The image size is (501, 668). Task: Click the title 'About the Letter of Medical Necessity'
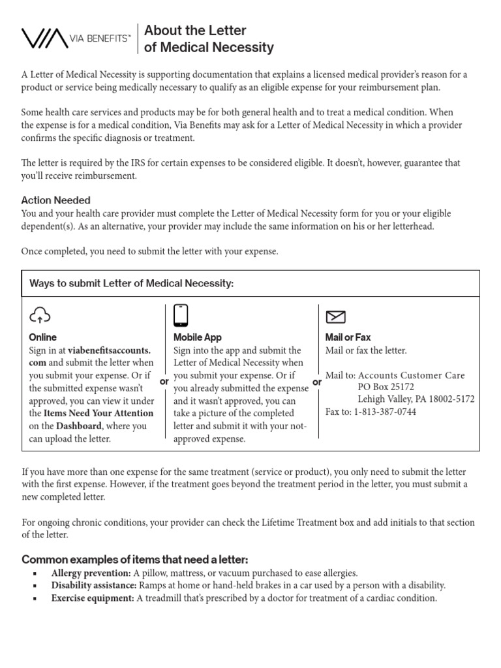(x=209, y=39)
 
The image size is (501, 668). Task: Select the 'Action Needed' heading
(x=55, y=200)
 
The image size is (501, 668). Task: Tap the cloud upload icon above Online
(x=40, y=316)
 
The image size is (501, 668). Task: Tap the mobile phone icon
(x=181, y=315)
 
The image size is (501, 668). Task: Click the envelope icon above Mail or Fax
(x=335, y=317)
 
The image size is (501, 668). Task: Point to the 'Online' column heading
(x=42, y=337)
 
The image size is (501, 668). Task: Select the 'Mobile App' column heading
(x=197, y=337)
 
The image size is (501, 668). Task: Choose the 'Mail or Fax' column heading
(x=348, y=337)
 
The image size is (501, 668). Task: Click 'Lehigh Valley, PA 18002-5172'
(x=416, y=399)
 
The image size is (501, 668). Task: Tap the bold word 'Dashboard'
(x=78, y=426)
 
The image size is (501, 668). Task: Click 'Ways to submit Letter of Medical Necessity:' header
(x=131, y=284)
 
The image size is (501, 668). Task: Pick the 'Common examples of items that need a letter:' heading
(x=135, y=560)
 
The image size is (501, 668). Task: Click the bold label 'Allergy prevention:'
(x=91, y=573)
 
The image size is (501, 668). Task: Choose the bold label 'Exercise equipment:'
(x=93, y=598)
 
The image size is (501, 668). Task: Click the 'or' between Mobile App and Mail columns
(x=317, y=382)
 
